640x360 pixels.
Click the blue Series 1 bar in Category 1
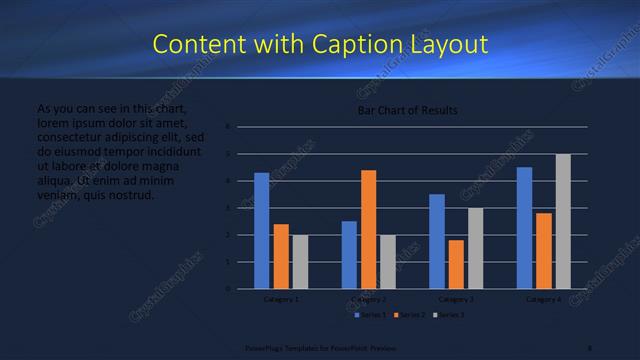pyautogui.click(x=261, y=230)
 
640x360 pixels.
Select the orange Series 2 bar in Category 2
pyautogui.click(x=368, y=229)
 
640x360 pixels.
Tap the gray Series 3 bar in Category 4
pyautogui.click(x=563, y=221)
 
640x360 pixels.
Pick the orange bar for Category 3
pyautogui.click(x=456, y=264)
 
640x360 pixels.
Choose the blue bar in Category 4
pyautogui.click(x=524, y=227)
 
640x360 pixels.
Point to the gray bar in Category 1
pyautogui.click(x=300, y=262)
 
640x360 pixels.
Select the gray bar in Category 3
pyautogui.click(x=475, y=248)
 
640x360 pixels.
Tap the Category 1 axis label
pyautogui.click(x=281, y=299)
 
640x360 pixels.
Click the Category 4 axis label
pyautogui.click(x=544, y=299)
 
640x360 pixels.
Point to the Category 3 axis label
pyautogui.click(x=456, y=299)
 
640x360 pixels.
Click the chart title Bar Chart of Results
pyautogui.click(x=408, y=111)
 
